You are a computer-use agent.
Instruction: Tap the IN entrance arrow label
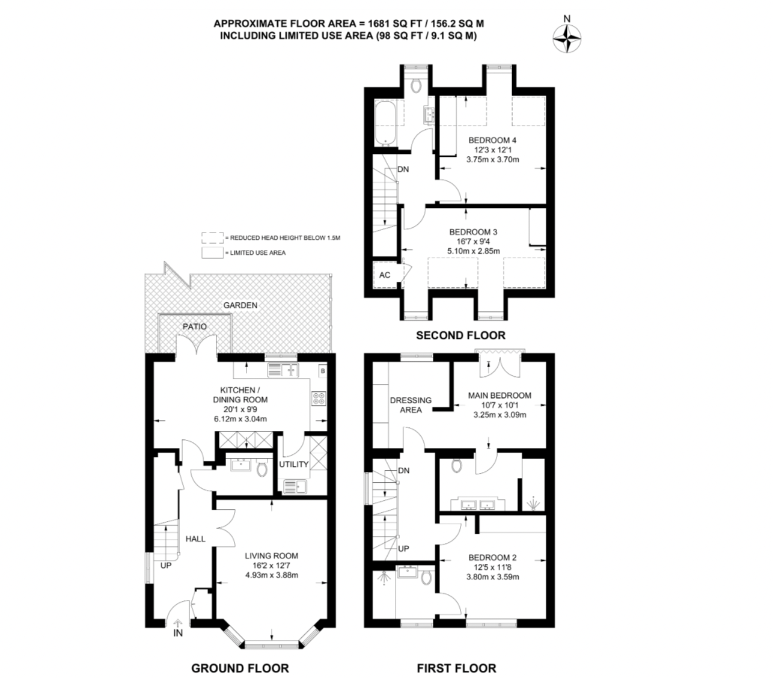(178, 632)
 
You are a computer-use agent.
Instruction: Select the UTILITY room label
(293, 465)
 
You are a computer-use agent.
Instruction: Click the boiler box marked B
(322, 371)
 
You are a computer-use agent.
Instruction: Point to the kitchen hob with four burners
(319, 399)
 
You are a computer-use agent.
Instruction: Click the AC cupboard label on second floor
(385, 275)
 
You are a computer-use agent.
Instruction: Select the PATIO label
(195, 326)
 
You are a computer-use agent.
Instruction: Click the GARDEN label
(240, 305)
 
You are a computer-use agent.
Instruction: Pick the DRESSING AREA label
(411, 405)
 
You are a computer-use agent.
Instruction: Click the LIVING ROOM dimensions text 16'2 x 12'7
(272, 566)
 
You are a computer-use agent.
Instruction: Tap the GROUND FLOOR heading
(240, 668)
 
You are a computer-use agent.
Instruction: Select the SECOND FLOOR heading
(460, 335)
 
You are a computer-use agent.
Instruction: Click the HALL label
(195, 539)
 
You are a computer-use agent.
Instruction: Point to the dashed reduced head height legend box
(213, 237)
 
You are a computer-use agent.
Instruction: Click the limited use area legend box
(213, 252)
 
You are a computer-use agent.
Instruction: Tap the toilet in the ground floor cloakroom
(261, 469)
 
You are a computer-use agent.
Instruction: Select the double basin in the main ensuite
(478, 504)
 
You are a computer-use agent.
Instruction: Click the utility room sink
(295, 486)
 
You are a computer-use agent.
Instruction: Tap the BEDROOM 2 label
(492, 557)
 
